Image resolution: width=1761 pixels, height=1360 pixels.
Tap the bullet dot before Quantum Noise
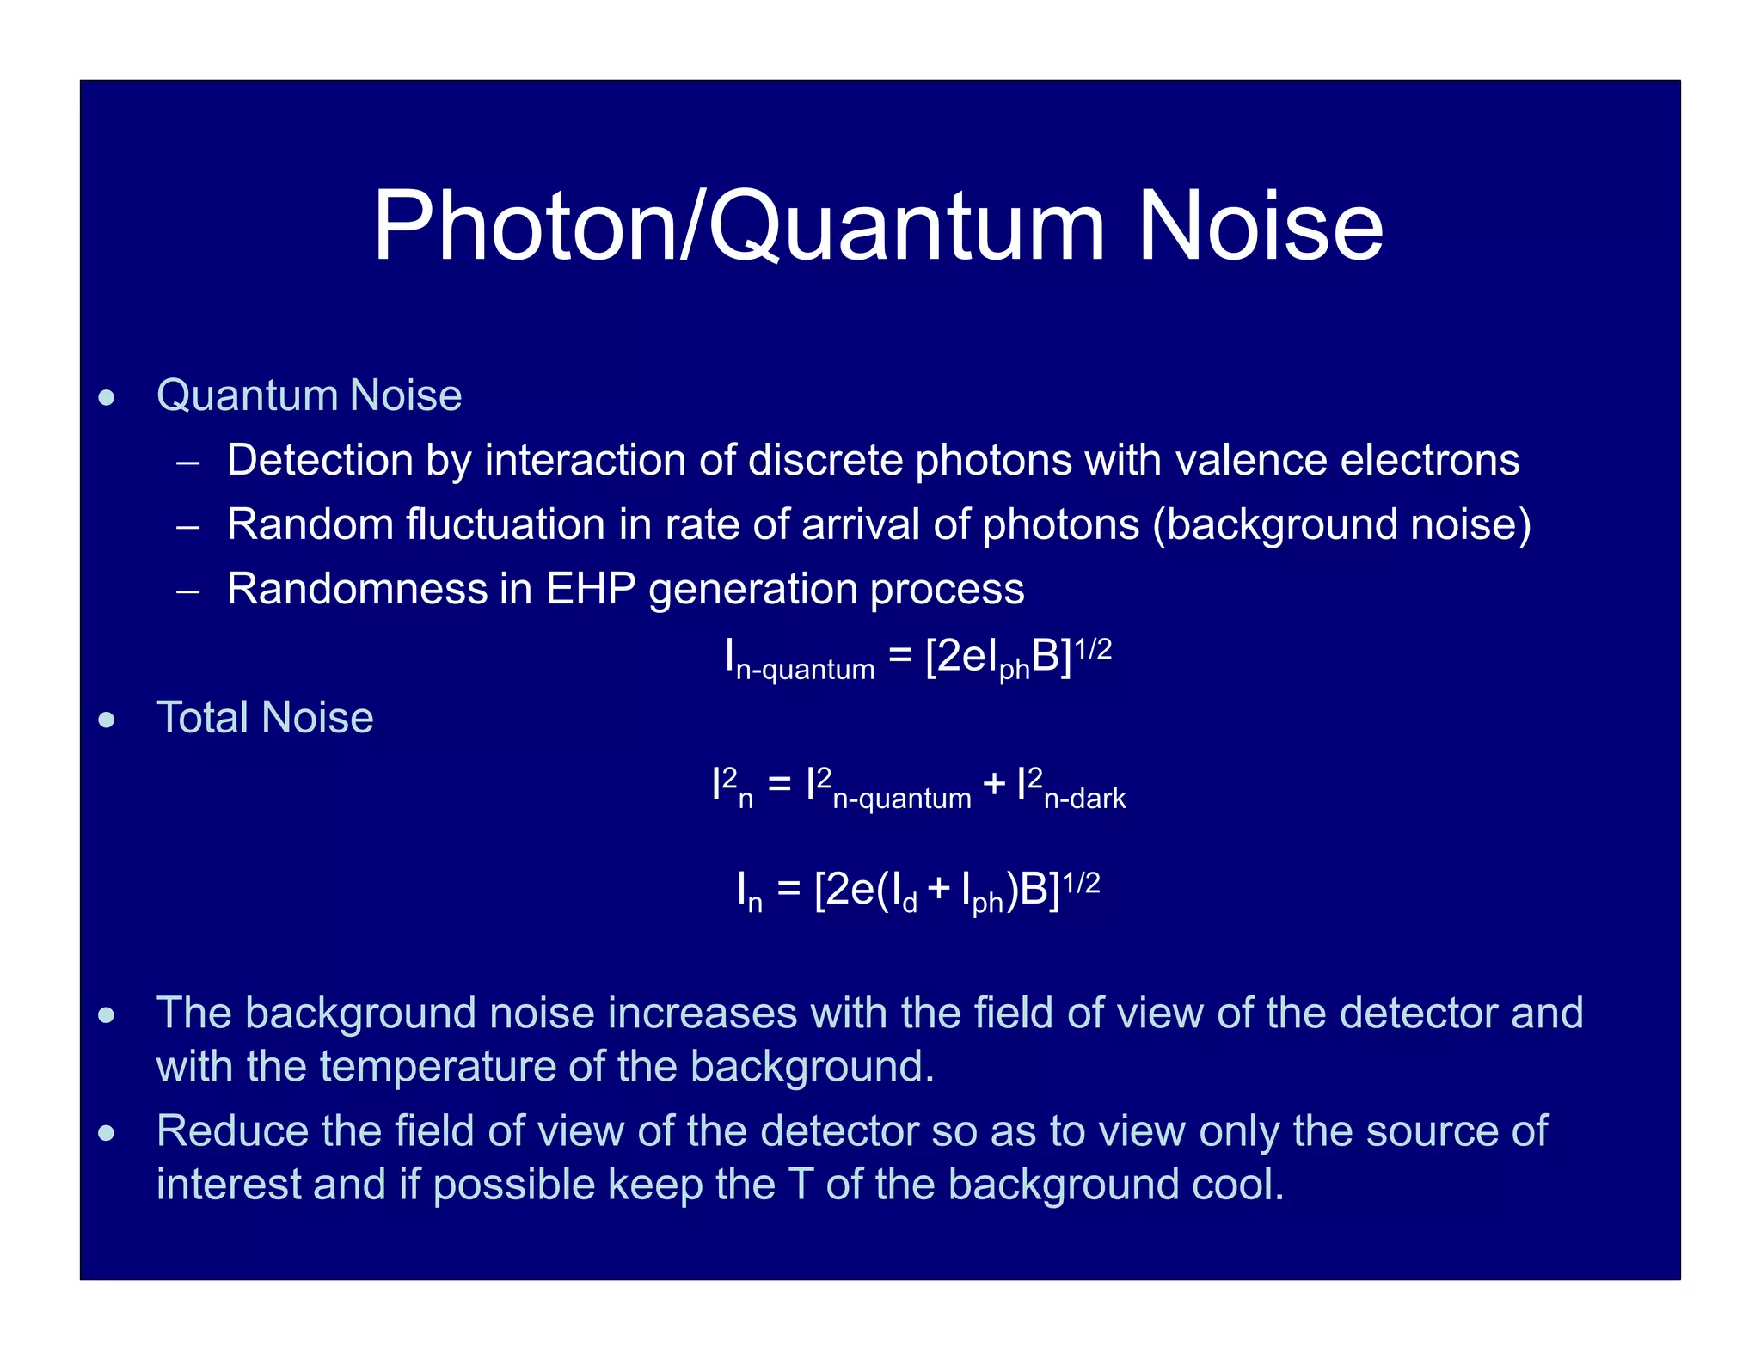(107, 398)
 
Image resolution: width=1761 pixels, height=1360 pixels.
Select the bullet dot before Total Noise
(107, 720)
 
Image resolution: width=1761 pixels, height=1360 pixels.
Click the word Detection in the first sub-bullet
(319, 460)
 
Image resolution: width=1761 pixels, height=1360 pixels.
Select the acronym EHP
(590, 589)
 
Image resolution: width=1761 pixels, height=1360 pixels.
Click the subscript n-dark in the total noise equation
(1084, 799)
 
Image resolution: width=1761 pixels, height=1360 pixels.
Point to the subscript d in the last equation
(909, 904)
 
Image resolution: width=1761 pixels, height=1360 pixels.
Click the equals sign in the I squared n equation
(779, 784)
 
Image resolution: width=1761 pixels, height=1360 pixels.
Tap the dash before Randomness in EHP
(187, 591)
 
